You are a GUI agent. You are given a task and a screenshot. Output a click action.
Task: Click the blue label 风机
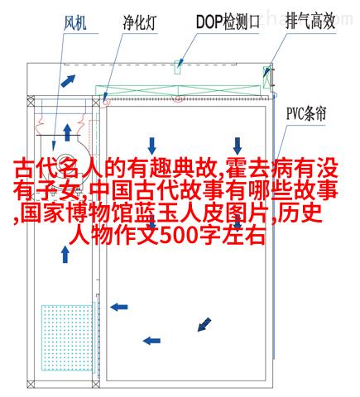point(75,22)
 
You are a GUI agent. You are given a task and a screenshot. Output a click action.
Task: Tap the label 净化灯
point(140,22)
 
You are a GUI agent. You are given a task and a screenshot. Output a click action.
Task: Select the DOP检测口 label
point(228,22)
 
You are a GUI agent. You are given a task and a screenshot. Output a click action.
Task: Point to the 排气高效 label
point(310,22)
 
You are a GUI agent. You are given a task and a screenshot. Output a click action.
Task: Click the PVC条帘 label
point(306,114)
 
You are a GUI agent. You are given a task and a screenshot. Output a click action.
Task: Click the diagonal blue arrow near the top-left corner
point(68,81)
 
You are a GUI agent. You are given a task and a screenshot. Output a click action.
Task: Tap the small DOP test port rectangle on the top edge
point(178,67)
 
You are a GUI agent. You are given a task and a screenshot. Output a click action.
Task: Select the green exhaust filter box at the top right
point(266,78)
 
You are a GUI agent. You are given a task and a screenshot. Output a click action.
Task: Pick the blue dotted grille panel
point(67,337)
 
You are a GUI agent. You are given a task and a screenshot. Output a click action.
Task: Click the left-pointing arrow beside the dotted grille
point(119,307)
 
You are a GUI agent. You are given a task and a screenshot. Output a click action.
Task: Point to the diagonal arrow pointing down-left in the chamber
point(204,324)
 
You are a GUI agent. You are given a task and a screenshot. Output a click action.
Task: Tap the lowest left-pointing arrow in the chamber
point(151,341)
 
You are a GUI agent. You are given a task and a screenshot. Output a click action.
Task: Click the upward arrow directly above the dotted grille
point(65,255)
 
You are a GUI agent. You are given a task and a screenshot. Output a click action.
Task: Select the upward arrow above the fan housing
point(67,132)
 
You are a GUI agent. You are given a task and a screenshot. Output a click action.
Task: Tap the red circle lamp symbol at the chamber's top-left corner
point(105,102)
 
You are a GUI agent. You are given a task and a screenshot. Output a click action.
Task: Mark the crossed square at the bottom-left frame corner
point(31,385)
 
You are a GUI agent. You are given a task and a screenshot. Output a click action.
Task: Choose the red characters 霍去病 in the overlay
point(260,168)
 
